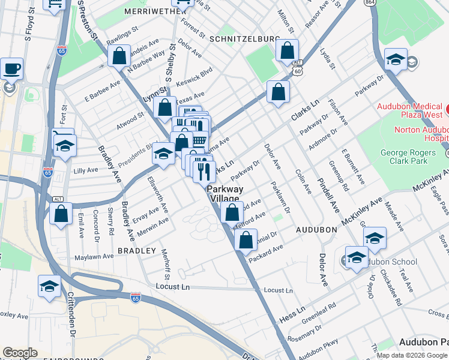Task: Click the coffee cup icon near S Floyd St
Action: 11,68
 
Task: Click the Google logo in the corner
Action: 20,353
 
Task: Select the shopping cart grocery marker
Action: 199,140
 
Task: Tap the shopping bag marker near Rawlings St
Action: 119,56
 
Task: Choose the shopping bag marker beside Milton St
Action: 288,50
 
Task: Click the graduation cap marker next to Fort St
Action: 65,145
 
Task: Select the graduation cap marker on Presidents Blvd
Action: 163,154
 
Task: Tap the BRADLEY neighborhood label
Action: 136,250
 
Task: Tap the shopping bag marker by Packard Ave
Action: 246,240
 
